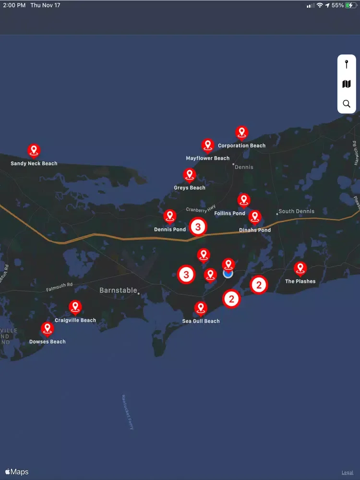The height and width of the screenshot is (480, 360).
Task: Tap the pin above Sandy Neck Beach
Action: (x=34, y=150)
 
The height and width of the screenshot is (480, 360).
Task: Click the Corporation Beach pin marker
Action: (x=241, y=132)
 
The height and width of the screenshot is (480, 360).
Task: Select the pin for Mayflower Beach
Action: (x=207, y=145)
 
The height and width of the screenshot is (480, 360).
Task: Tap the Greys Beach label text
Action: (x=190, y=188)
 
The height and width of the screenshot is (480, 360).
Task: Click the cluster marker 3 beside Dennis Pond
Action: (x=198, y=227)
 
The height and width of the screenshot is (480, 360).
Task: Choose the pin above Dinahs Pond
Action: (x=254, y=217)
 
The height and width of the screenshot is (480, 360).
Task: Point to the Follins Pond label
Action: (x=230, y=213)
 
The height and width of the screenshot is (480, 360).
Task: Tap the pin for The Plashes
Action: (x=300, y=268)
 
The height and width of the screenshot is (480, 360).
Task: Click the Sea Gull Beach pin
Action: (x=201, y=308)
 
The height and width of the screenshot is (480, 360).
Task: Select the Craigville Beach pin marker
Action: (x=75, y=307)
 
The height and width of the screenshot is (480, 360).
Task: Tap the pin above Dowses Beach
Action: (x=47, y=329)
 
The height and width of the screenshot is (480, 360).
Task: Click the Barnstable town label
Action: (x=118, y=290)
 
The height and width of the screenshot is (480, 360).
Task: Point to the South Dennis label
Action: (x=297, y=211)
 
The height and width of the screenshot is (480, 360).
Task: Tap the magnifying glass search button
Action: (x=347, y=104)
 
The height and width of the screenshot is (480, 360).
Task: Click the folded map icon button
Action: (x=347, y=84)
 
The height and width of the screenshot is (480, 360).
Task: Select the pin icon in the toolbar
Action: (x=347, y=64)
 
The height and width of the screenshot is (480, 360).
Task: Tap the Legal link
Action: (x=347, y=473)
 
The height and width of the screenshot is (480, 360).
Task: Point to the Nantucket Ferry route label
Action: (x=128, y=412)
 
